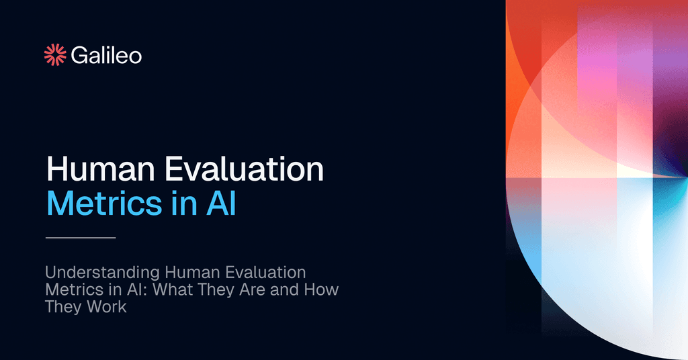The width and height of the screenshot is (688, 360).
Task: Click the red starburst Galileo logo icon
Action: point(55,55)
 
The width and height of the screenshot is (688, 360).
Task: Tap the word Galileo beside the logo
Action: point(106,55)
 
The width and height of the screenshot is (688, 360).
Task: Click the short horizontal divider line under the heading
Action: point(81,237)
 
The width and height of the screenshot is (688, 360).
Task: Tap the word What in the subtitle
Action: point(166,291)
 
